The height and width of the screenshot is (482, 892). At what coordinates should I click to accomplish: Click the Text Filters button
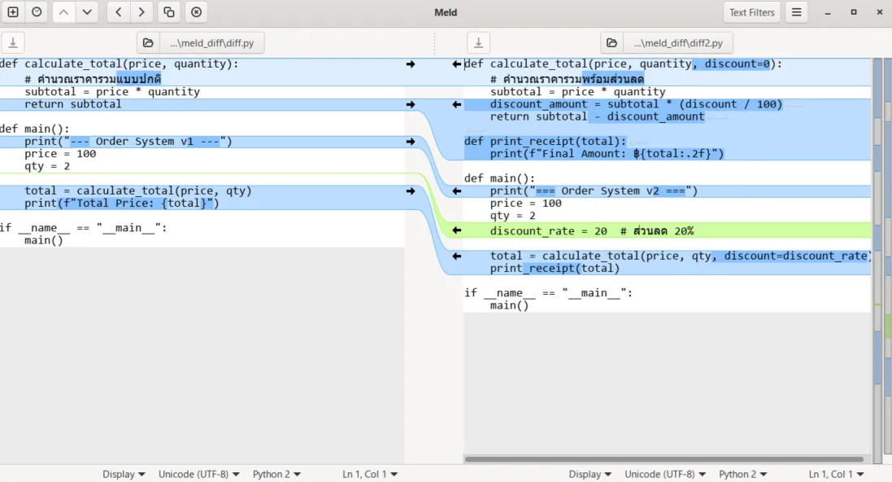pos(751,12)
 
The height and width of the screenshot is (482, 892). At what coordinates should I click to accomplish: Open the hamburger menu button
pos(796,12)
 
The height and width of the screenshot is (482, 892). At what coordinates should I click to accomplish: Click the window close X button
pos(880,12)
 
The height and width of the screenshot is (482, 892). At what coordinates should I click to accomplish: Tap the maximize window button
pos(853,12)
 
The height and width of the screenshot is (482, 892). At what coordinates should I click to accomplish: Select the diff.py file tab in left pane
pos(211,42)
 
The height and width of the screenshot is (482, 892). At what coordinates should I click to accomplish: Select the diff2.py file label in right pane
pos(678,42)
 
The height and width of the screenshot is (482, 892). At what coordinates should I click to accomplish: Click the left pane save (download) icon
pos(13,42)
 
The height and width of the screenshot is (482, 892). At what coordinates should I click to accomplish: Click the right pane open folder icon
pos(611,42)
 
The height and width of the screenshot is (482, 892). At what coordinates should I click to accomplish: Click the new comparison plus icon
pos(13,12)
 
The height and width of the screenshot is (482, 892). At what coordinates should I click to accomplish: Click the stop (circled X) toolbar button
pos(196,12)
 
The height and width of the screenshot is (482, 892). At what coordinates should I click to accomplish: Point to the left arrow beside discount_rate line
pos(456,230)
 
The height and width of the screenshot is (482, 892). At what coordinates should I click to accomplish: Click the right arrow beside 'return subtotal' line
pos(410,104)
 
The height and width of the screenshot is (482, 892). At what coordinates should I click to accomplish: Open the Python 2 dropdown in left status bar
pos(276,474)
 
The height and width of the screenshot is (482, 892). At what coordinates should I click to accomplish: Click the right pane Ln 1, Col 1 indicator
pos(836,474)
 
